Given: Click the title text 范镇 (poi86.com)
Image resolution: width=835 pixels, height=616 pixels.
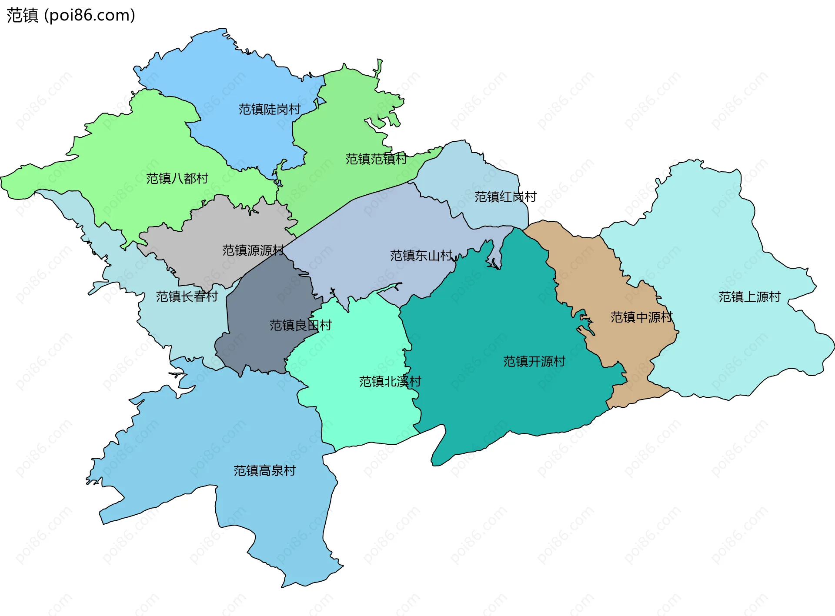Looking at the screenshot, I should pos(71,15).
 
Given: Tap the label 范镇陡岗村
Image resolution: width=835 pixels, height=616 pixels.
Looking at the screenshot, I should pos(270,109).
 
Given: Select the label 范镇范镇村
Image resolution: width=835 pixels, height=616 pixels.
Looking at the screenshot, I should pos(376,159).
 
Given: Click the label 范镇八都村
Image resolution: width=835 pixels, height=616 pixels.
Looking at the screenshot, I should pos(177,179).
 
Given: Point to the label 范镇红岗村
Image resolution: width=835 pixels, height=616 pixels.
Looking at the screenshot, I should pos(505,197).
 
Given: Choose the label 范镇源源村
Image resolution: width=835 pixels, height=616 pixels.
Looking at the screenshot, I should pos(253,250).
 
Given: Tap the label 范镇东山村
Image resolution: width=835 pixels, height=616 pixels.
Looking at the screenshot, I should pos(421,256).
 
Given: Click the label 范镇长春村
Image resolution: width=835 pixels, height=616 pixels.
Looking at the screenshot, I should pos(187,296).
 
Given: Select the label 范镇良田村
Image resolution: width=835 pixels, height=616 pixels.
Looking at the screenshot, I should pos(301,325).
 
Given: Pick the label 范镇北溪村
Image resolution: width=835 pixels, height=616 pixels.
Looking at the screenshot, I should pos(390,382).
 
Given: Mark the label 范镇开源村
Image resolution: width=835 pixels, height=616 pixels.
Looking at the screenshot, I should pos(534,362).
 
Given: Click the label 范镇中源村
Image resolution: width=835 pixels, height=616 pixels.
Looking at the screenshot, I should pos(641,317).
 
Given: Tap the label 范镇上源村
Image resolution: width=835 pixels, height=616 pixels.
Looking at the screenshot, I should pos(750,297).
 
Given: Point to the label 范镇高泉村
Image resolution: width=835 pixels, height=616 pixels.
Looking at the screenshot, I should pos(264,471).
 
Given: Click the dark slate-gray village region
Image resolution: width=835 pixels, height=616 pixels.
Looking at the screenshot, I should pos(261,348).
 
